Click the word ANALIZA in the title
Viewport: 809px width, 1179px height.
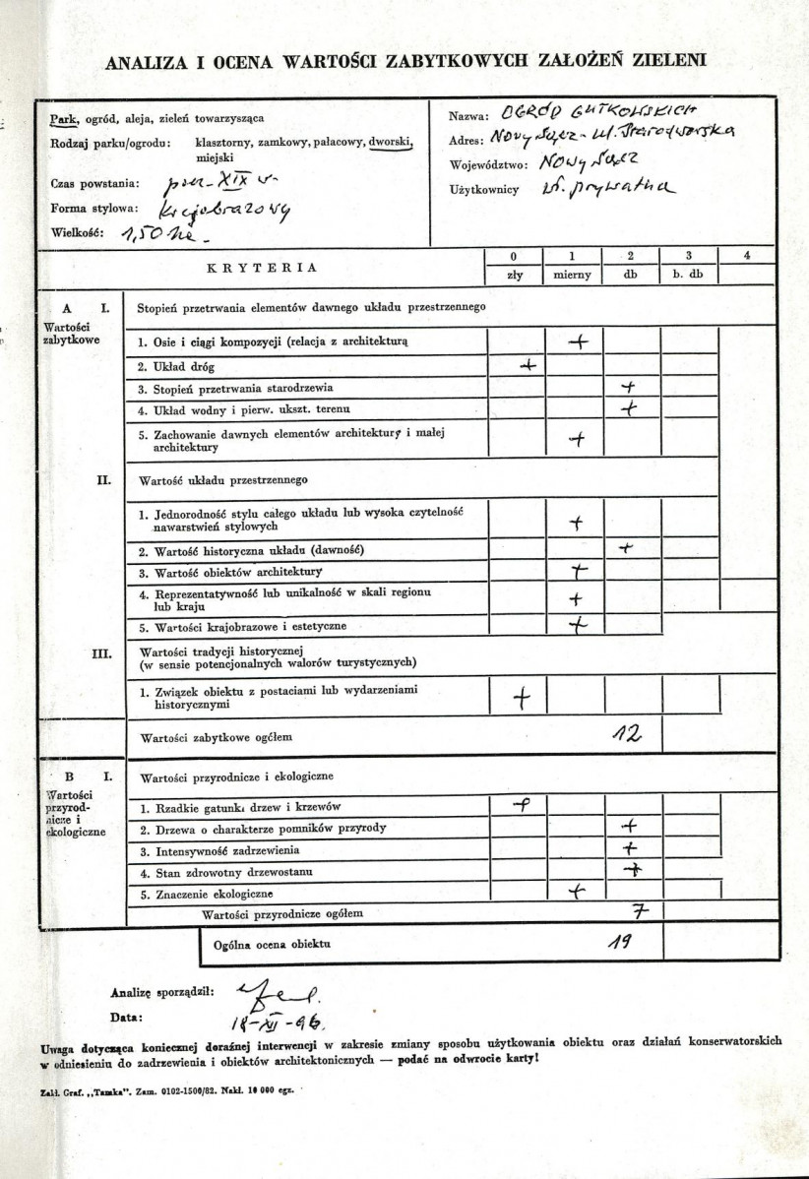[x=145, y=62]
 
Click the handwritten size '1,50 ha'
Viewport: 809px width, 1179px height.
[x=156, y=236]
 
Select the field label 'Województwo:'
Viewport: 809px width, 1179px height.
[x=488, y=164]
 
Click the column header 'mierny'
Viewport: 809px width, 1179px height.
[x=572, y=275]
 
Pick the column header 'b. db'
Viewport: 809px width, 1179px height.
[x=688, y=275]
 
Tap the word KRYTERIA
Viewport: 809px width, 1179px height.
[x=262, y=267]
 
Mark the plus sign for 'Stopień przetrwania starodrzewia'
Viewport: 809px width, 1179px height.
[x=629, y=388]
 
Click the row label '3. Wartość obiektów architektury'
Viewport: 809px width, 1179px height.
[x=230, y=572]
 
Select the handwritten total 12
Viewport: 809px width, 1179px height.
[x=625, y=734]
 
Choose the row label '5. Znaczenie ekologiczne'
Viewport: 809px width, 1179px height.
[x=206, y=895]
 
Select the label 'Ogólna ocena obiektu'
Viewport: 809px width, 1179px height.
[x=272, y=944]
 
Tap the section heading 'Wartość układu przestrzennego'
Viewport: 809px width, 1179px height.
[x=223, y=481]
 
